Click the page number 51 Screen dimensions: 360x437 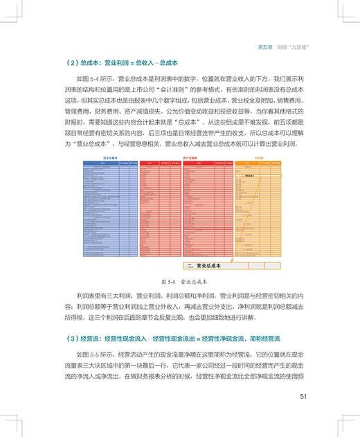(x=303, y=397)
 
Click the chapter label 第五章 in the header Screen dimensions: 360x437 (x=266, y=46)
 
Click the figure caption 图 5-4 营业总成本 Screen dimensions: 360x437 (x=179, y=283)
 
